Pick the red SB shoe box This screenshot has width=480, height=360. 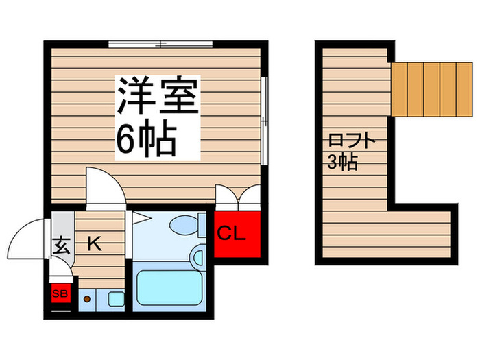(x=60, y=293)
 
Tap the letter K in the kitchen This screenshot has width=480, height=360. (x=94, y=243)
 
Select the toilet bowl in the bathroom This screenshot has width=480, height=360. (x=184, y=224)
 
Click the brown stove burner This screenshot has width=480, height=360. (x=87, y=299)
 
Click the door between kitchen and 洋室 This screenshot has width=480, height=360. (x=103, y=185)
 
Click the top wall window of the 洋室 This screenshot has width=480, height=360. (x=161, y=45)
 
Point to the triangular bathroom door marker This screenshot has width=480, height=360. (x=141, y=218)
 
